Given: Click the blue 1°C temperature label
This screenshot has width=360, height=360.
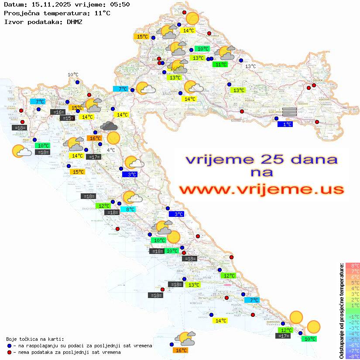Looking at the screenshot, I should pyautogui.click(x=285, y=124).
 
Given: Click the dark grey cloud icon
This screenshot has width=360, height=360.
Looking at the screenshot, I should pyautogui.click(x=108, y=127).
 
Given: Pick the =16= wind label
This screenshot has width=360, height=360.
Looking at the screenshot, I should pyautogui.click(x=58, y=112).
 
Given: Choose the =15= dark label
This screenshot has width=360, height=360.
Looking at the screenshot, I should pyautogui.click(x=67, y=118).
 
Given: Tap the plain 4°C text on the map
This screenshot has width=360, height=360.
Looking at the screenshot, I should pyautogui.click(x=111, y=150).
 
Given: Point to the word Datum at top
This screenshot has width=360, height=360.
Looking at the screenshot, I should pyautogui.click(x=14, y=4).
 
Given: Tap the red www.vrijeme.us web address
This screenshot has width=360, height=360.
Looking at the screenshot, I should pyautogui.click(x=261, y=189).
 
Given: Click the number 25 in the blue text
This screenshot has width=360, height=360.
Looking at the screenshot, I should pyautogui.click(x=268, y=159).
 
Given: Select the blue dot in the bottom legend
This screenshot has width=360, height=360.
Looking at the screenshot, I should pyautogui.click(x=10, y=346).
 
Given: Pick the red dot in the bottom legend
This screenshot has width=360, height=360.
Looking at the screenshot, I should pyautogui.click(x=10, y=352).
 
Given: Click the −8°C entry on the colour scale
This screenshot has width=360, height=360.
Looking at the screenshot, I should pyautogui.click(x=352, y=357).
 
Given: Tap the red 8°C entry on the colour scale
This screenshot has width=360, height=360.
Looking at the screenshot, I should pyautogui.click(x=353, y=265).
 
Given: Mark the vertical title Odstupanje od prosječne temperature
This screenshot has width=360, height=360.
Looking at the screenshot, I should pyautogui.click(x=341, y=311).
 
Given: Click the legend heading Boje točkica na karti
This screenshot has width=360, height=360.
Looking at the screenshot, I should pyautogui.click(x=35, y=339).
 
